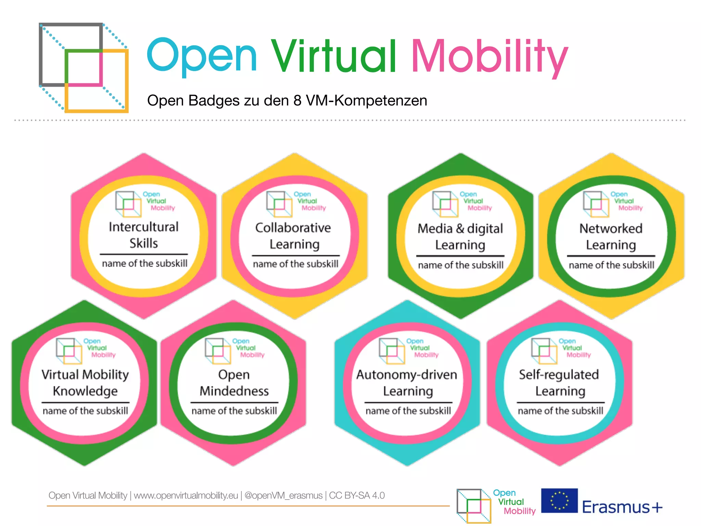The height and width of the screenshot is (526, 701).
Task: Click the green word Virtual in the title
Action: click(x=334, y=57)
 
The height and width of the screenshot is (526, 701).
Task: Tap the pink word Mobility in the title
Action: click(x=489, y=57)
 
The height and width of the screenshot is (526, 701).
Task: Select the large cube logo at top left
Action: click(x=84, y=67)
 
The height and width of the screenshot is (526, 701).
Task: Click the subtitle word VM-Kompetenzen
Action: click(x=366, y=101)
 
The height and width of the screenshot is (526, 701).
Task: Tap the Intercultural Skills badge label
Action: click(x=144, y=235)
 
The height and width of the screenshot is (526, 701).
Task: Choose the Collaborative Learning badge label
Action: click(x=294, y=236)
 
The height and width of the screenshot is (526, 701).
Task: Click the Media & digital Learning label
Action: click(x=460, y=237)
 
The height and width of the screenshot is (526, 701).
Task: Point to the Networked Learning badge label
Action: click(x=611, y=237)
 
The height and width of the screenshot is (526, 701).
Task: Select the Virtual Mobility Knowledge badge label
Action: click(x=85, y=383)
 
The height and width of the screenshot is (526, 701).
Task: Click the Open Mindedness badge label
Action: click(x=234, y=383)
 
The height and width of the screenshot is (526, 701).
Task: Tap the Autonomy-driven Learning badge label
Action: click(x=407, y=383)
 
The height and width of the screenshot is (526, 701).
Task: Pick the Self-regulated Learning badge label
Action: click(x=559, y=383)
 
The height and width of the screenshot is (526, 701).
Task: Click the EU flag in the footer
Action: click(x=559, y=500)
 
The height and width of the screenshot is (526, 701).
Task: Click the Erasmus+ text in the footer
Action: click(x=622, y=507)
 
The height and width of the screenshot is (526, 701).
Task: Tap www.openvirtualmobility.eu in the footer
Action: click(x=186, y=496)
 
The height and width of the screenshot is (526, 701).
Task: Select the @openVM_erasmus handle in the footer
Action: click(x=283, y=496)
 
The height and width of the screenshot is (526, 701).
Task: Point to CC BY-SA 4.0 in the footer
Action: click(x=357, y=496)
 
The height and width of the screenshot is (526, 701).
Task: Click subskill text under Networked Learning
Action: click(x=611, y=265)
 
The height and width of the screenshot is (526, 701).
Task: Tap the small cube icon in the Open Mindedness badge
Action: click(x=218, y=351)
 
